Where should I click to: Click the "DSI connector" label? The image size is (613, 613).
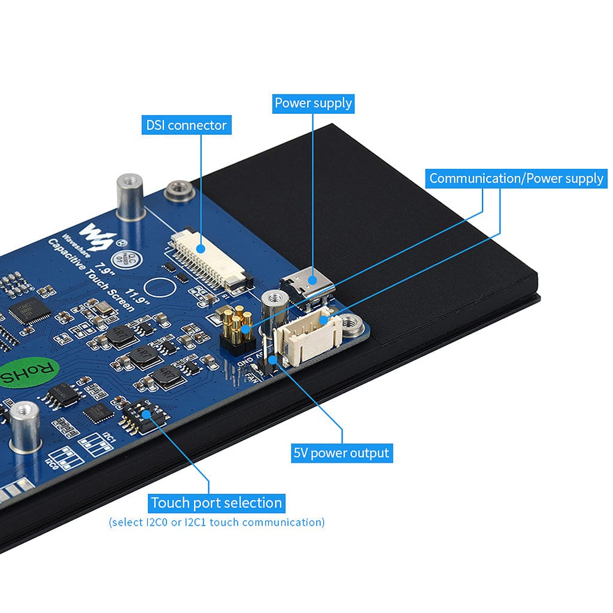point(187,125)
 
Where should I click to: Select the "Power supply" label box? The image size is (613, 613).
point(313,103)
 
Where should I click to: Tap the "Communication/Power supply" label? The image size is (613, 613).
point(516,178)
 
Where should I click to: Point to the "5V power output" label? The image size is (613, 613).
point(341,453)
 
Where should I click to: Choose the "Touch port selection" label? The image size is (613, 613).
point(216,503)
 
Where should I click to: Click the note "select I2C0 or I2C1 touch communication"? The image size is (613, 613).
point(217,522)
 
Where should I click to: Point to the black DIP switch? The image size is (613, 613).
point(139,412)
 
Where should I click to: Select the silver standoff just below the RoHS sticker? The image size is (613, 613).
point(25,425)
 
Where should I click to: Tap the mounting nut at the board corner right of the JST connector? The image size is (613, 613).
point(353,326)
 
